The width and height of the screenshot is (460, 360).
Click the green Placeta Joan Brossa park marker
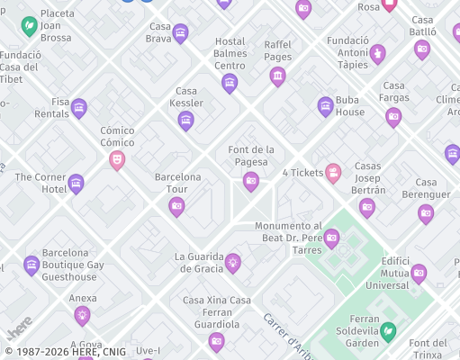29,24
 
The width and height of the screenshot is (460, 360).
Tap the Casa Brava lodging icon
180,33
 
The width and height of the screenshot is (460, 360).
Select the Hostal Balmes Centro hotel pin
230,84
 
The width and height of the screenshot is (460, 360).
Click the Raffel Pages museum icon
277,76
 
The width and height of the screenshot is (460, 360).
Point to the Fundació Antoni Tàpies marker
378,54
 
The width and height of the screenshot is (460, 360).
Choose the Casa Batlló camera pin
422,49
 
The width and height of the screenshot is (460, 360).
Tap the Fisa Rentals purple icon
78,108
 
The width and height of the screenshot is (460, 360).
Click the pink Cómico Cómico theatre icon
116,160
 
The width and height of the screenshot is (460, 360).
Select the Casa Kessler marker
186,121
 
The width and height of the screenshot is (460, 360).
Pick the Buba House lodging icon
326,106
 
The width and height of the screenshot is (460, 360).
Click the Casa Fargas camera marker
393,116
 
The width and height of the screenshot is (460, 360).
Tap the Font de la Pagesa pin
251,182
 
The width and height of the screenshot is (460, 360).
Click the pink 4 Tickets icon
333,173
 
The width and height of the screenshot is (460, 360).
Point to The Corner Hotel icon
76,184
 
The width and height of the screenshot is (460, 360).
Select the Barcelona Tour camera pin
176,207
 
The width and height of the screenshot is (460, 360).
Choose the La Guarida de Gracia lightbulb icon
233,262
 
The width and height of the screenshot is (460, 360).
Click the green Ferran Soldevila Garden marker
388,332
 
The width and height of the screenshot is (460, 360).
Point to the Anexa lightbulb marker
83,315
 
